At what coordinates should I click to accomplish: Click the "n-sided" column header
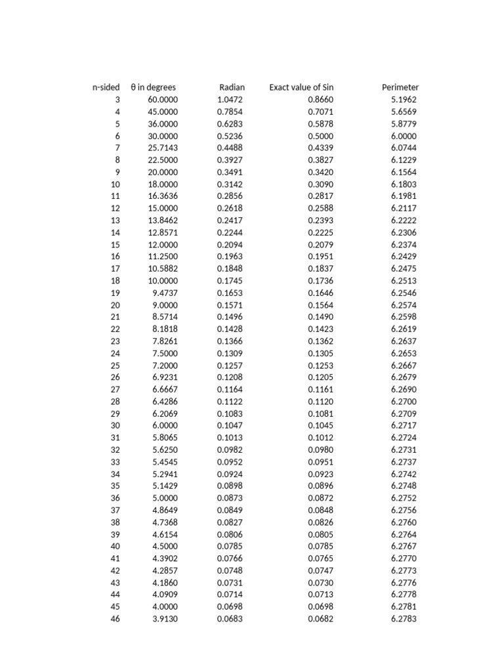click(106, 87)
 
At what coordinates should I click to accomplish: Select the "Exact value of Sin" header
click(301, 87)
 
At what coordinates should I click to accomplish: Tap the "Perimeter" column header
click(400, 87)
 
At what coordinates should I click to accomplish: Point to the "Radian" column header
click(232, 87)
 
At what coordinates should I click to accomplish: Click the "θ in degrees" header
click(154, 87)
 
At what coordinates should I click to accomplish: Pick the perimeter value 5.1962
click(404, 100)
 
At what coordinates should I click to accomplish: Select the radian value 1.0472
click(230, 100)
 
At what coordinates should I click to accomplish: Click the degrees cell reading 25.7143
click(163, 148)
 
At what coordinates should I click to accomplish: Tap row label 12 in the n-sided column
click(115, 208)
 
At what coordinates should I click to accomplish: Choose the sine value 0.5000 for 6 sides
click(321, 136)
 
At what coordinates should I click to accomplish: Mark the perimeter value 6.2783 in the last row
click(404, 619)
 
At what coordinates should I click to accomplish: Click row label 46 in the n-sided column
click(115, 619)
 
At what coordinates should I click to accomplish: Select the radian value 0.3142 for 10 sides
click(230, 184)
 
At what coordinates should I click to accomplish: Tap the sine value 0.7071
click(321, 112)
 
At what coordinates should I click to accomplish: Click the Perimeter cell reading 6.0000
click(404, 136)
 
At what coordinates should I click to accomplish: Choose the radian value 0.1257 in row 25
click(230, 366)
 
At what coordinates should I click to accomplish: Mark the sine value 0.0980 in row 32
click(321, 450)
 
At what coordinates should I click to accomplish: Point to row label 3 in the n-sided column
click(117, 100)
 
